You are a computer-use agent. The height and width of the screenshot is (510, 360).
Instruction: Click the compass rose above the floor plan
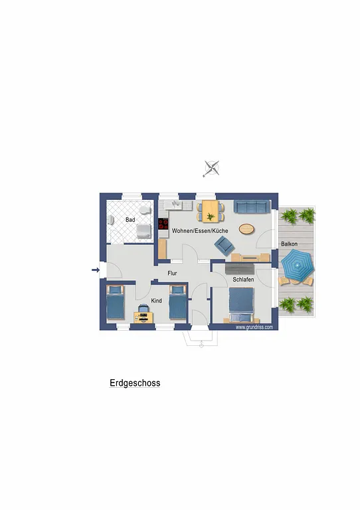pos(212,169)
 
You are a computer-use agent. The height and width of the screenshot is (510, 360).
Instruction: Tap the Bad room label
pos(130,220)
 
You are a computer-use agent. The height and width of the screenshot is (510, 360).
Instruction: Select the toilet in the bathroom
pos(144,210)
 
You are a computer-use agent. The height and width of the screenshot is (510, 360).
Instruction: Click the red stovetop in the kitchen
pos(163,224)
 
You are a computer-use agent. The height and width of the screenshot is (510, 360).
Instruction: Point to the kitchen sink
pos(175,205)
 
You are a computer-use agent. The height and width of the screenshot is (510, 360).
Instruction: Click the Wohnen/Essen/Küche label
pos(200,230)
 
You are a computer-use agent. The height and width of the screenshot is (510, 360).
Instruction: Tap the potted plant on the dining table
pos(211,216)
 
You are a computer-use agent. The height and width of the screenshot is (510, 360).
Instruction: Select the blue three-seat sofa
pos(252,207)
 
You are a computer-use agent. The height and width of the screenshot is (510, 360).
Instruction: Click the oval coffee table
pos(246,229)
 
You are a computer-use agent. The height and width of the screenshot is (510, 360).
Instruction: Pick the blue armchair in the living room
pos(224,245)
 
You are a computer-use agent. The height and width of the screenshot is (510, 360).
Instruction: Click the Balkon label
pos(289,244)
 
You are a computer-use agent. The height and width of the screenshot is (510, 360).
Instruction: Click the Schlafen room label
pos(243,280)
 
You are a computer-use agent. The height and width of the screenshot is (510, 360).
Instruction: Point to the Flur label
pos(172,273)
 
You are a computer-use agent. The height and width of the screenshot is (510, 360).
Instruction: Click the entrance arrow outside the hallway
pos(96,270)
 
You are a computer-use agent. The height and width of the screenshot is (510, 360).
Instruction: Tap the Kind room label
pos(157,301)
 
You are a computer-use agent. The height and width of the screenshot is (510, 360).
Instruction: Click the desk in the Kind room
pos(143,317)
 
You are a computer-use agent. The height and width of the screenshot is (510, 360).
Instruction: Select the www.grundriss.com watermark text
pos(254,327)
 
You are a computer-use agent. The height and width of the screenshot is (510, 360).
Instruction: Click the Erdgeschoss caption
pos(135,383)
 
